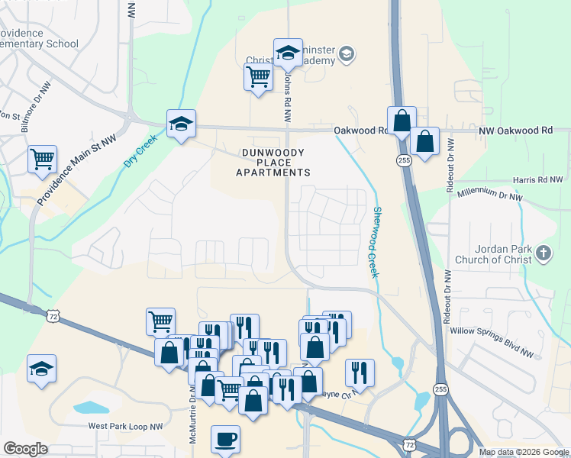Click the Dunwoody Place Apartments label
pos(273,163)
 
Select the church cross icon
pos(543,253)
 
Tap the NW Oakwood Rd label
pos(515,131)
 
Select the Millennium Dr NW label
pos(490,195)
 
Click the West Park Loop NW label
pos(126,427)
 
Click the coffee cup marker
pos(225,440)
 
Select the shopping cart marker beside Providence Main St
pos(43,160)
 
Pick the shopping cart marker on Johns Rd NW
pos(259,77)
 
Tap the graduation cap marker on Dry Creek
pos(181,124)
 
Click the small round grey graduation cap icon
pos(347,53)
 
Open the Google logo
pos(25,449)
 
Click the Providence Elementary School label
pos(38,38)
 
